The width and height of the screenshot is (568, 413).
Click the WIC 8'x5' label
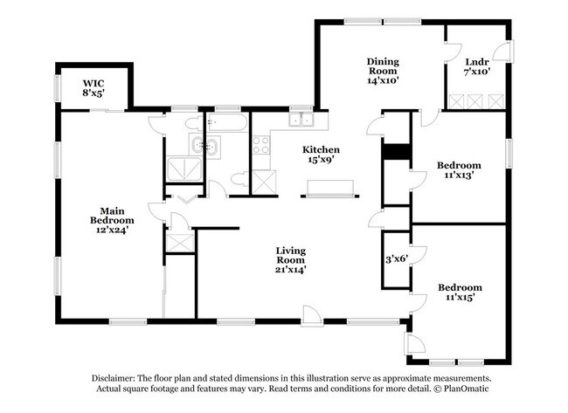pos(94,87)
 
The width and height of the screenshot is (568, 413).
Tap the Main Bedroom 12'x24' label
pos(110,220)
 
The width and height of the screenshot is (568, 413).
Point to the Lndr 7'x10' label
pos(476,66)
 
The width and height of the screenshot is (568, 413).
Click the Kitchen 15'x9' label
pos(321,154)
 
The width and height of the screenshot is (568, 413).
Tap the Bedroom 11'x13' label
pos(459,170)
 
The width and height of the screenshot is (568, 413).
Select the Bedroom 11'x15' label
pos(460,292)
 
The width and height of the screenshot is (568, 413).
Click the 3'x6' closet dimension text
pos(398,260)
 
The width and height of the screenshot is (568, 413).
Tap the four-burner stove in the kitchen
pos(261,145)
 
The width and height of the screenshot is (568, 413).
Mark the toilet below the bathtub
pos(239,181)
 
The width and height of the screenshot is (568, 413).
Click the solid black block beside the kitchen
pos(397,151)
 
